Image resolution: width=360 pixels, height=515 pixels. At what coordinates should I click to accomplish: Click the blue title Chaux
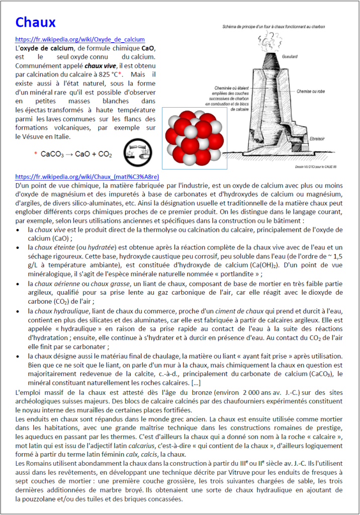[35, 23]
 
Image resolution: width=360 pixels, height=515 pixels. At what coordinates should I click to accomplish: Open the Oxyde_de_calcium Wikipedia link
[80, 39]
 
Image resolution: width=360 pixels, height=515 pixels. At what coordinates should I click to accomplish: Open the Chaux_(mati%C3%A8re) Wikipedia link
[87, 177]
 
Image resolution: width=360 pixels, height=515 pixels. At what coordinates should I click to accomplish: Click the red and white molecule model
[194, 138]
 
